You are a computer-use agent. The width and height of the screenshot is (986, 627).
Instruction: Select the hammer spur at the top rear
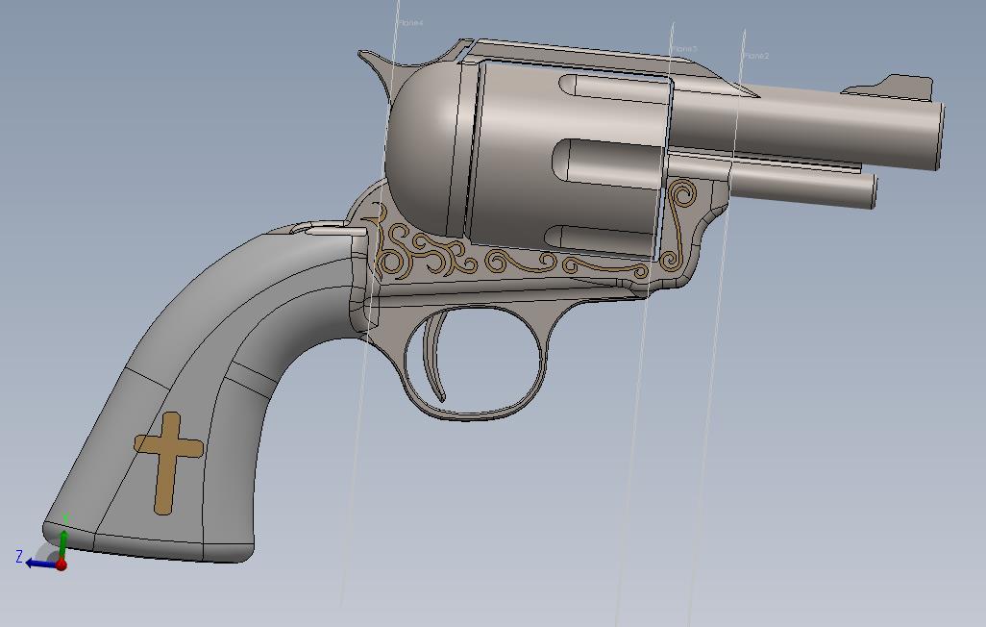coord(373,63)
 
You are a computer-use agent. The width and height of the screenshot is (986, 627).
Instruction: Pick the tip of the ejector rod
coord(873,189)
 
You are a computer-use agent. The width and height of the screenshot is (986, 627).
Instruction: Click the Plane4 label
coord(410,23)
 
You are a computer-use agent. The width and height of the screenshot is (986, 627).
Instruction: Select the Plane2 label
coord(755,57)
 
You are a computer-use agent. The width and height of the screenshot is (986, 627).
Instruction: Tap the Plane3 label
coord(684,49)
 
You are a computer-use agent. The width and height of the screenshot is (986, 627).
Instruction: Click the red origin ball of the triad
coord(62,565)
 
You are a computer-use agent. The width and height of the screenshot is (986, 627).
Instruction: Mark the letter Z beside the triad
coord(19,556)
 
